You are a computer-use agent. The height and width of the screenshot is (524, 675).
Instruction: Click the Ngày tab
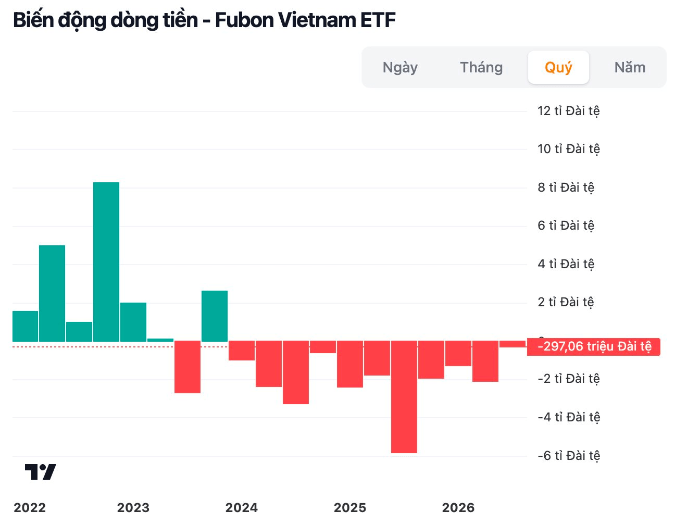click(x=400, y=67)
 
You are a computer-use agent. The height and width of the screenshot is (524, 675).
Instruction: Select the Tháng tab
click(x=481, y=67)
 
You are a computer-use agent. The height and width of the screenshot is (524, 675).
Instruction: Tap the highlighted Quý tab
click(x=558, y=67)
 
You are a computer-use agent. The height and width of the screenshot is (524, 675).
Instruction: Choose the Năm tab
click(x=630, y=67)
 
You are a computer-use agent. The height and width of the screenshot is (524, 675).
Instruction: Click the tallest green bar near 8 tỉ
click(x=106, y=262)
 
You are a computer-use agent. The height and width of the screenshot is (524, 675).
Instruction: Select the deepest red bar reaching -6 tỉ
click(x=404, y=397)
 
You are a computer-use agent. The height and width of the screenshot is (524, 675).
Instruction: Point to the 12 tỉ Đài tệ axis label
click(x=568, y=111)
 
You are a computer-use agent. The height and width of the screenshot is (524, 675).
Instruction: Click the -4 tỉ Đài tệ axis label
click(x=569, y=417)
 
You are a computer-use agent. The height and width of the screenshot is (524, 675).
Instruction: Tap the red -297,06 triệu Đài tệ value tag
click(x=594, y=346)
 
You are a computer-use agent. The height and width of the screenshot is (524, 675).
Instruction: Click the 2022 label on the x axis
click(x=30, y=507)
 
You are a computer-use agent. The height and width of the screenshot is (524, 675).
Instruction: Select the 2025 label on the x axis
click(x=350, y=507)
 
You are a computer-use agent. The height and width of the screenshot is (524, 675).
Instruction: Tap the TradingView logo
click(x=41, y=472)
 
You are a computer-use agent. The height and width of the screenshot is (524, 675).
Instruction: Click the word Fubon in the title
click(x=244, y=20)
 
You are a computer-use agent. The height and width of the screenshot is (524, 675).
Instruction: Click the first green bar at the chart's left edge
click(x=25, y=326)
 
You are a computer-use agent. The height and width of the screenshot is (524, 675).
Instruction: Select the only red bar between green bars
click(x=187, y=367)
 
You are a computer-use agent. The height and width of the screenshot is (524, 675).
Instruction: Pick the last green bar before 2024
click(x=215, y=316)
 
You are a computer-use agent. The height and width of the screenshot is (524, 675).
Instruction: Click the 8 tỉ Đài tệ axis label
click(x=566, y=188)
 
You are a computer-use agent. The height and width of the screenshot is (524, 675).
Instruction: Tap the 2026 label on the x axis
click(x=458, y=507)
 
